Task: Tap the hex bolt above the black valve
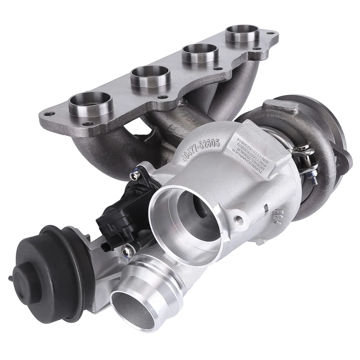click(x=134, y=175)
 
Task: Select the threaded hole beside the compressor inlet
click(x=239, y=220)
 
